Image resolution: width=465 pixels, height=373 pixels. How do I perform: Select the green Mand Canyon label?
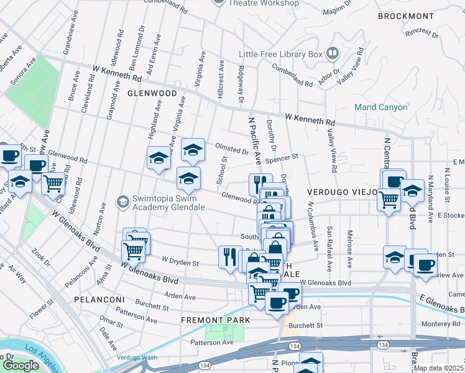pyautogui.click(x=380, y=107)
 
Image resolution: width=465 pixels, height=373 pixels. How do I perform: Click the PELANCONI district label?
pyautogui.click(x=93, y=299)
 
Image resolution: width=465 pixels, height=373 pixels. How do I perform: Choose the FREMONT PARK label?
pyautogui.click(x=215, y=320)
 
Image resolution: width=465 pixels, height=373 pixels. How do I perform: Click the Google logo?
pyautogui.click(x=20, y=365)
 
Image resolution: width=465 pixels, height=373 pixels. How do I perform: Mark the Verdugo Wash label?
pyautogui.click(x=137, y=357)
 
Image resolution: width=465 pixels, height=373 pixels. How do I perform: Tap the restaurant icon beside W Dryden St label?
pyautogui.click(x=229, y=256)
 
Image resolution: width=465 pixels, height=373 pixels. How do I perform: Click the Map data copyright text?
pyautogui.click(x=438, y=368)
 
